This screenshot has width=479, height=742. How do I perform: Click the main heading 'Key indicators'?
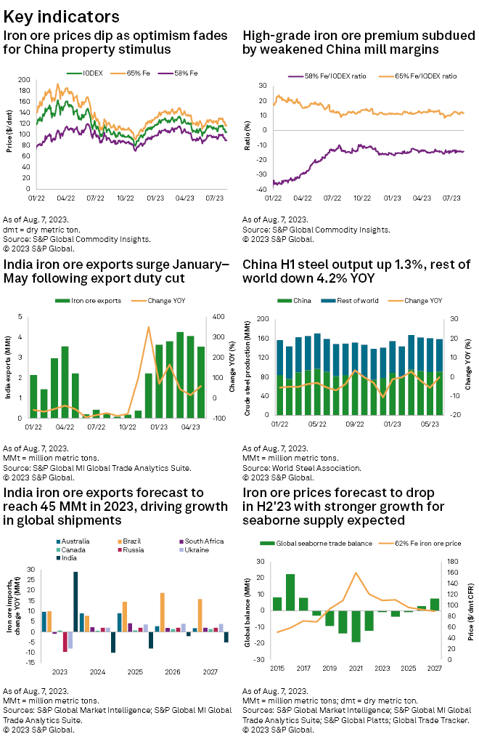point(62,15)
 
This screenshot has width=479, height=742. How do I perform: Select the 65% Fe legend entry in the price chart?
point(139,73)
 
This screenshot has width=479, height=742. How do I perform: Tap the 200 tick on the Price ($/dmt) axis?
point(24,80)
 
